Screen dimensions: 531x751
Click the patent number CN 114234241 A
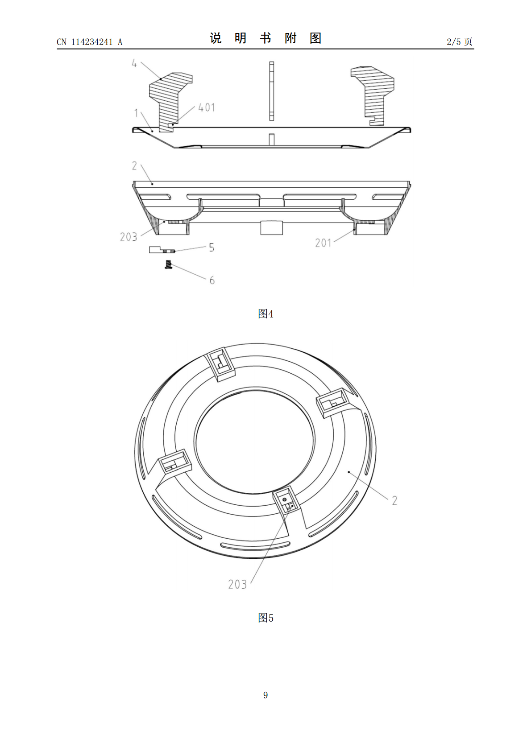(x=90, y=42)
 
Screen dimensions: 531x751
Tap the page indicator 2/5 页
(x=460, y=41)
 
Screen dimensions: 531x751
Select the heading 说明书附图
(x=265, y=38)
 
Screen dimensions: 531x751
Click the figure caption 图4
(x=265, y=314)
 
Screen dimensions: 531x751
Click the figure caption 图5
(x=265, y=618)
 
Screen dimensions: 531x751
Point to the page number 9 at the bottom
(x=265, y=695)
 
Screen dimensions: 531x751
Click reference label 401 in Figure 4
(x=207, y=107)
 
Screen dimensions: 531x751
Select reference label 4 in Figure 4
(x=134, y=63)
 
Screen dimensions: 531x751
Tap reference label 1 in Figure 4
(x=136, y=113)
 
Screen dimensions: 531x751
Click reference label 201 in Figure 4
(x=324, y=243)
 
